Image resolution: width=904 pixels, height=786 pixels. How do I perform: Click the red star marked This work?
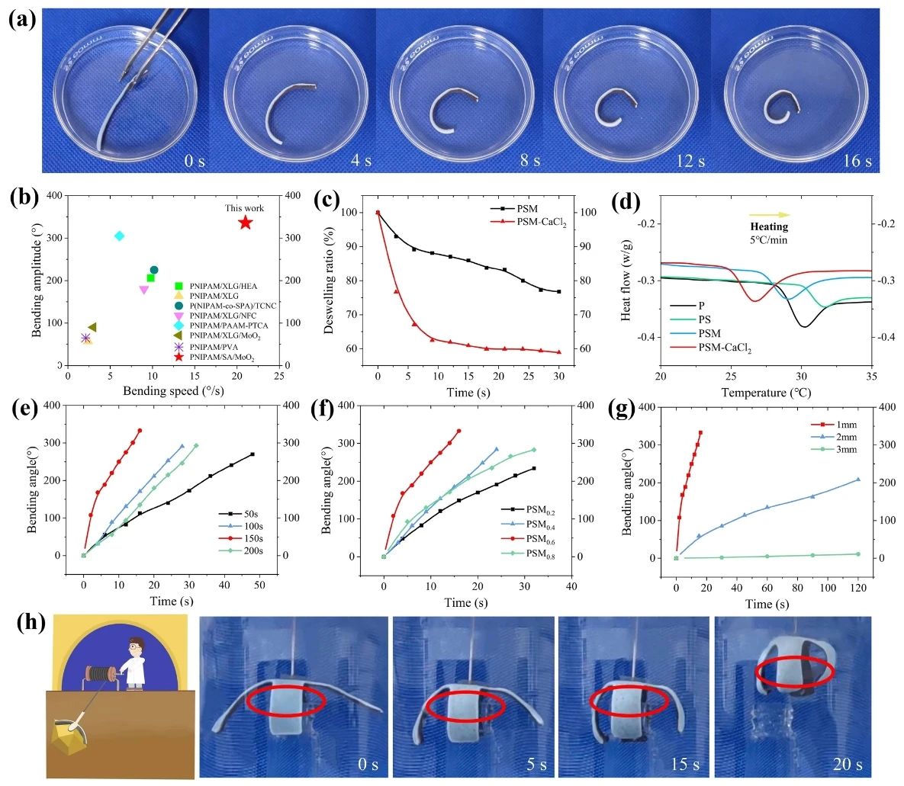click(245, 223)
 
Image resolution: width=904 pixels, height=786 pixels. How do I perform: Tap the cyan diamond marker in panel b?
click(119, 236)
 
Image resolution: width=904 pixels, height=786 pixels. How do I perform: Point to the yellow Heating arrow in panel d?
click(768, 215)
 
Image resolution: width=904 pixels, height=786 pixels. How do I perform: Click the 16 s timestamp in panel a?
click(856, 160)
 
